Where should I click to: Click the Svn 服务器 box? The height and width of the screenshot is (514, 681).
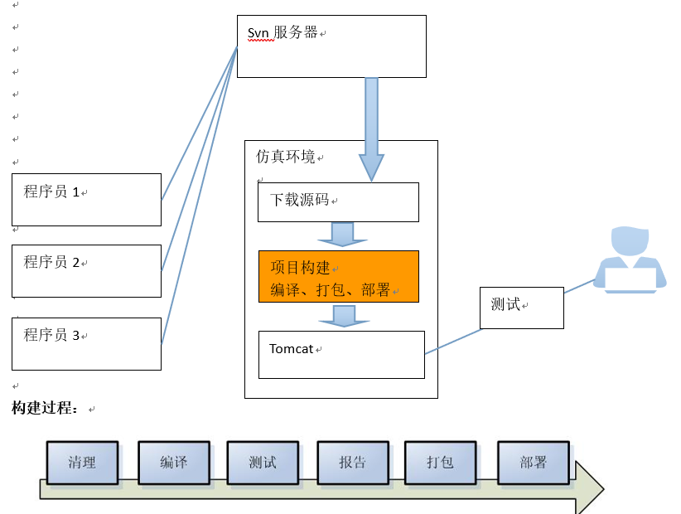(x=331, y=46)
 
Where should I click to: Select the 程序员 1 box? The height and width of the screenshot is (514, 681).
(x=86, y=199)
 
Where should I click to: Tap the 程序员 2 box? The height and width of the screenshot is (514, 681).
(x=86, y=270)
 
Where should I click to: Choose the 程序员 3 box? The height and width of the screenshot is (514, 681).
(x=86, y=343)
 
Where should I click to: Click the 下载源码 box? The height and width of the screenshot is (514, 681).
(x=338, y=202)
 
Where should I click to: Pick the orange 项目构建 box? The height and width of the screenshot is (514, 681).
(x=338, y=276)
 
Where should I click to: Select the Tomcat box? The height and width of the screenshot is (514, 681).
(x=341, y=355)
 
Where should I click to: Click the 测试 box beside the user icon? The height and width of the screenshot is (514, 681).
(x=522, y=308)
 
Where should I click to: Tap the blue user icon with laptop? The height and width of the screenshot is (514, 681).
(x=630, y=259)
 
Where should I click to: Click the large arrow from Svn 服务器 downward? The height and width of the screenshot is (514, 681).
(x=371, y=124)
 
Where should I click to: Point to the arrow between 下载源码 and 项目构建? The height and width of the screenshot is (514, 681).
(x=342, y=234)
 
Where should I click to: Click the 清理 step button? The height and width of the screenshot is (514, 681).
(x=82, y=463)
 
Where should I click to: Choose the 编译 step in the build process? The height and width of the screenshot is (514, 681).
(x=173, y=463)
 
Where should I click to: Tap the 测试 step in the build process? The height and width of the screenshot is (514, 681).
(x=263, y=463)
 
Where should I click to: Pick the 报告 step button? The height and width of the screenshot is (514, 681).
(x=352, y=463)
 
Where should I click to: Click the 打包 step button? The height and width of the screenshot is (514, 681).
(x=440, y=463)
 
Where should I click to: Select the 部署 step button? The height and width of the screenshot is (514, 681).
(x=534, y=463)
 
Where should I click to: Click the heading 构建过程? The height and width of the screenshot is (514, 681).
(x=46, y=409)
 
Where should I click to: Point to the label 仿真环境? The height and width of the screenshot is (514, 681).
(x=285, y=156)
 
